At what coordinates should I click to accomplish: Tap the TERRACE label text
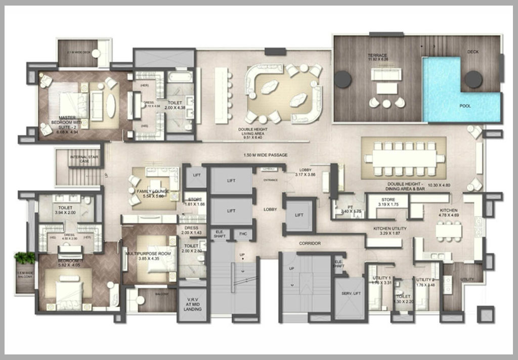(378, 55)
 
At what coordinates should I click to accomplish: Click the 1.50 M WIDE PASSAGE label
(266, 154)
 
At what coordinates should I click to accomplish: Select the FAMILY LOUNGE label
(151, 191)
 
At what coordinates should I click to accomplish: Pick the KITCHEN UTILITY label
(390, 229)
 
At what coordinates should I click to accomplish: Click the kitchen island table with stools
(449, 231)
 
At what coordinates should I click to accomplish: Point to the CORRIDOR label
(310, 243)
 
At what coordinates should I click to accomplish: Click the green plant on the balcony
(24, 258)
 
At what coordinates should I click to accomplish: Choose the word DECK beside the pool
(473, 52)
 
